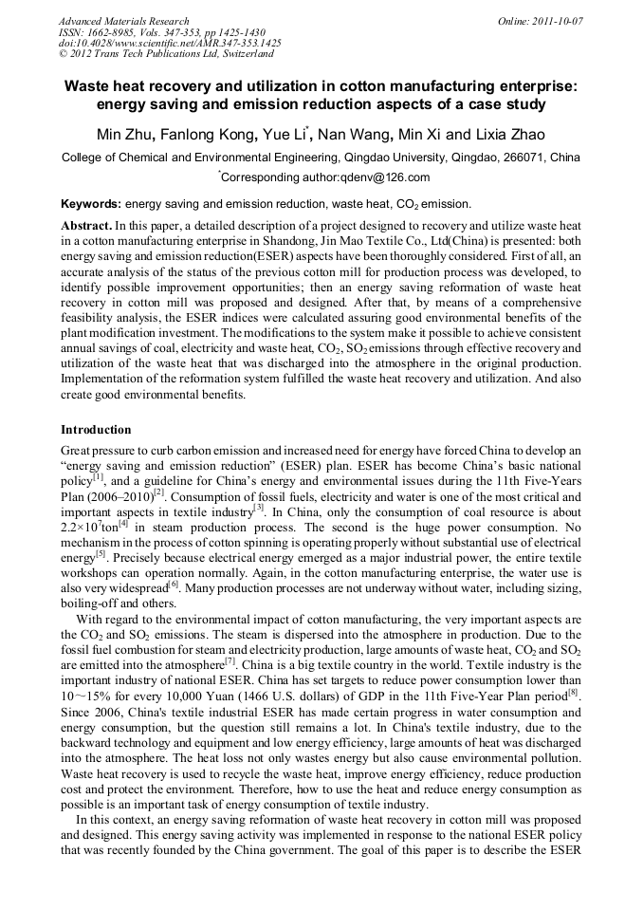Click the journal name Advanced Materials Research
(x=123, y=20)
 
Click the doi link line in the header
(x=170, y=44)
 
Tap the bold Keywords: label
(x=91, y=204)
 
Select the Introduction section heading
(x=96, y=430)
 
